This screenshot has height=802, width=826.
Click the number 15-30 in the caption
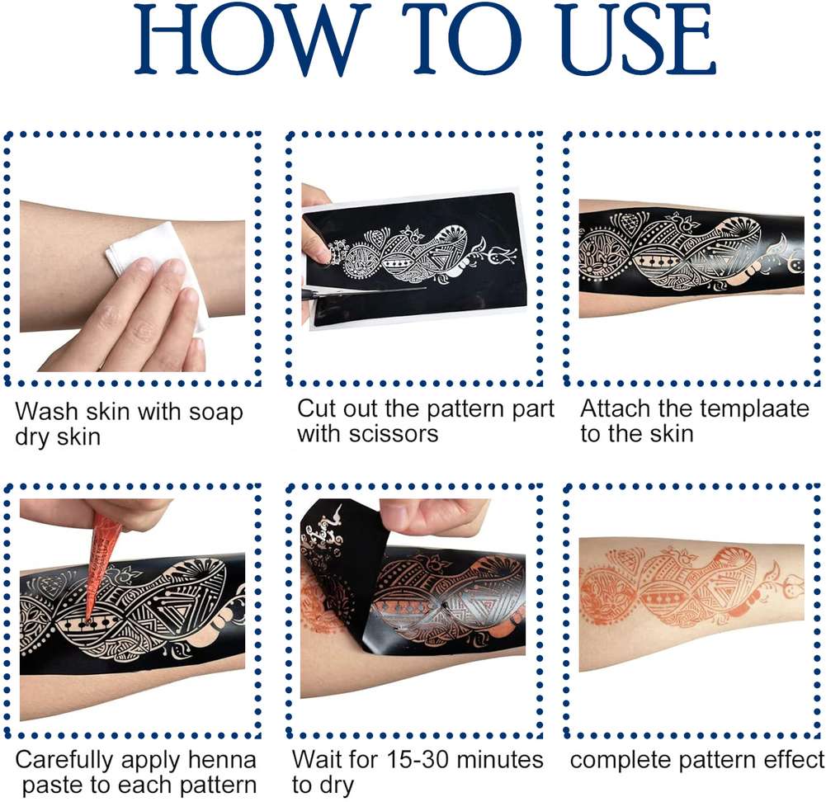[418, 760]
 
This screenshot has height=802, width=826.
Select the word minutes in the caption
[499, 760]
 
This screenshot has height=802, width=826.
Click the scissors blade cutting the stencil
[363, 290]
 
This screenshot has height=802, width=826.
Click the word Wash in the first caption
[42, 411]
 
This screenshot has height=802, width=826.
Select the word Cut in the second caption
[313, 409]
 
